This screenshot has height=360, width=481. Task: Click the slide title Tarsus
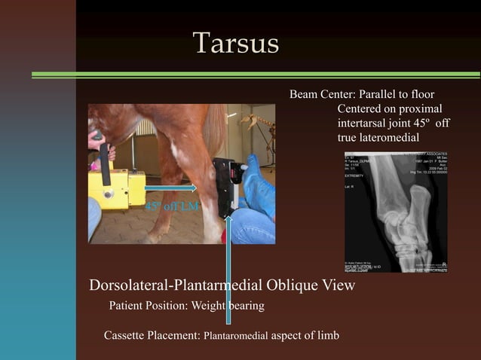(x=235, y=43)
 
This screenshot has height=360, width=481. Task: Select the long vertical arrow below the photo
(x=228, y=271)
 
